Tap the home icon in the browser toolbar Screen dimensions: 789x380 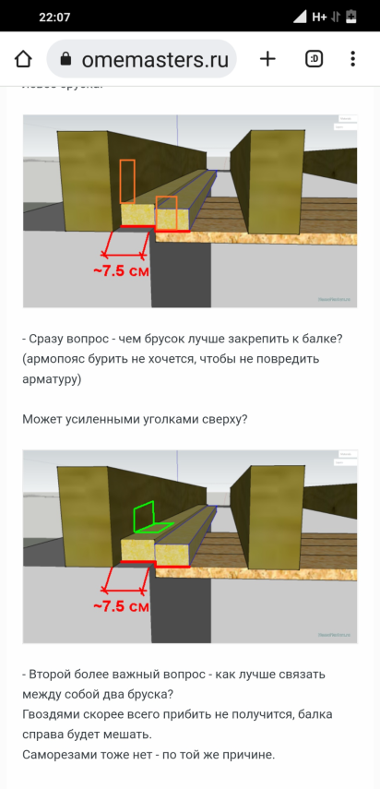[x=24, y=59]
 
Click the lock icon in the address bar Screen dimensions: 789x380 [x=65, y=60]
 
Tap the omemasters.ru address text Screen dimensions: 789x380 [x=154, y=60]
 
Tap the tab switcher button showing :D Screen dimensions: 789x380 [x=314, y=59]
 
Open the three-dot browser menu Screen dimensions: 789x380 [x=353, y=59]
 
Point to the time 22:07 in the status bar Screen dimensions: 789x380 [x=54, y=17]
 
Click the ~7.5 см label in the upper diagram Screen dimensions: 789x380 [x=121, y=271]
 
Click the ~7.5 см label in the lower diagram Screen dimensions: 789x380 [x=121, y=606]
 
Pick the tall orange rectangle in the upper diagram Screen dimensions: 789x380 [x=127, y=181]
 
